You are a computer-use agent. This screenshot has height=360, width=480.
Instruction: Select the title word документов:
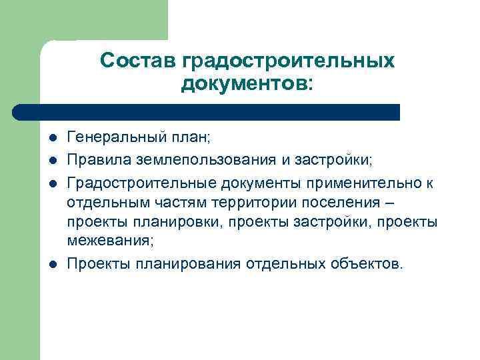point(246,85)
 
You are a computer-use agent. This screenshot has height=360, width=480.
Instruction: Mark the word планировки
point(178,222)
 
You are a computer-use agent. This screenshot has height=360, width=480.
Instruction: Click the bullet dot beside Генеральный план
point(53,139)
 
